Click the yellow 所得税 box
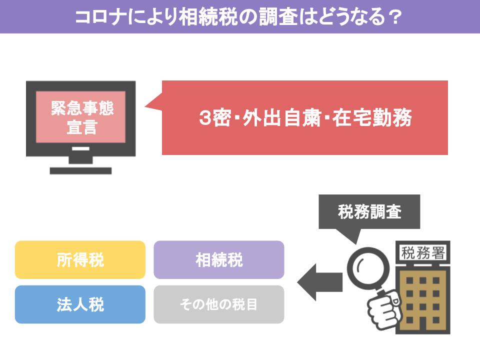click(80, 259)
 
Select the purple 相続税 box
click(219, 259)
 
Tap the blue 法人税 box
click(80, 304)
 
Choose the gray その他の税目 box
click(219, 304)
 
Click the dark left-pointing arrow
click(320, 282)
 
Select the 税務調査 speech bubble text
click(369, 211)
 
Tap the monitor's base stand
click(80, 170)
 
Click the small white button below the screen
click(81, 148)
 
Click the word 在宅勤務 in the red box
click(372, 118)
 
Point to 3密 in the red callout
click(215, 118)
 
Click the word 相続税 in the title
click(208, 16)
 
